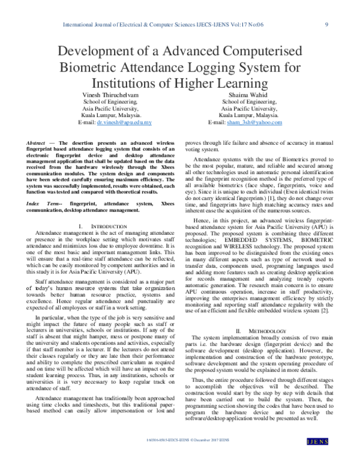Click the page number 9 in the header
coord(325,24)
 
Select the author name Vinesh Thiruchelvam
coord(109,95)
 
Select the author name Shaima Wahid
coord(244,95)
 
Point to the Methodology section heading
coord(263,331)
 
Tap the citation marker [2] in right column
coord(325,311)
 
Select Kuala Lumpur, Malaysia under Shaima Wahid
coord(248,115)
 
